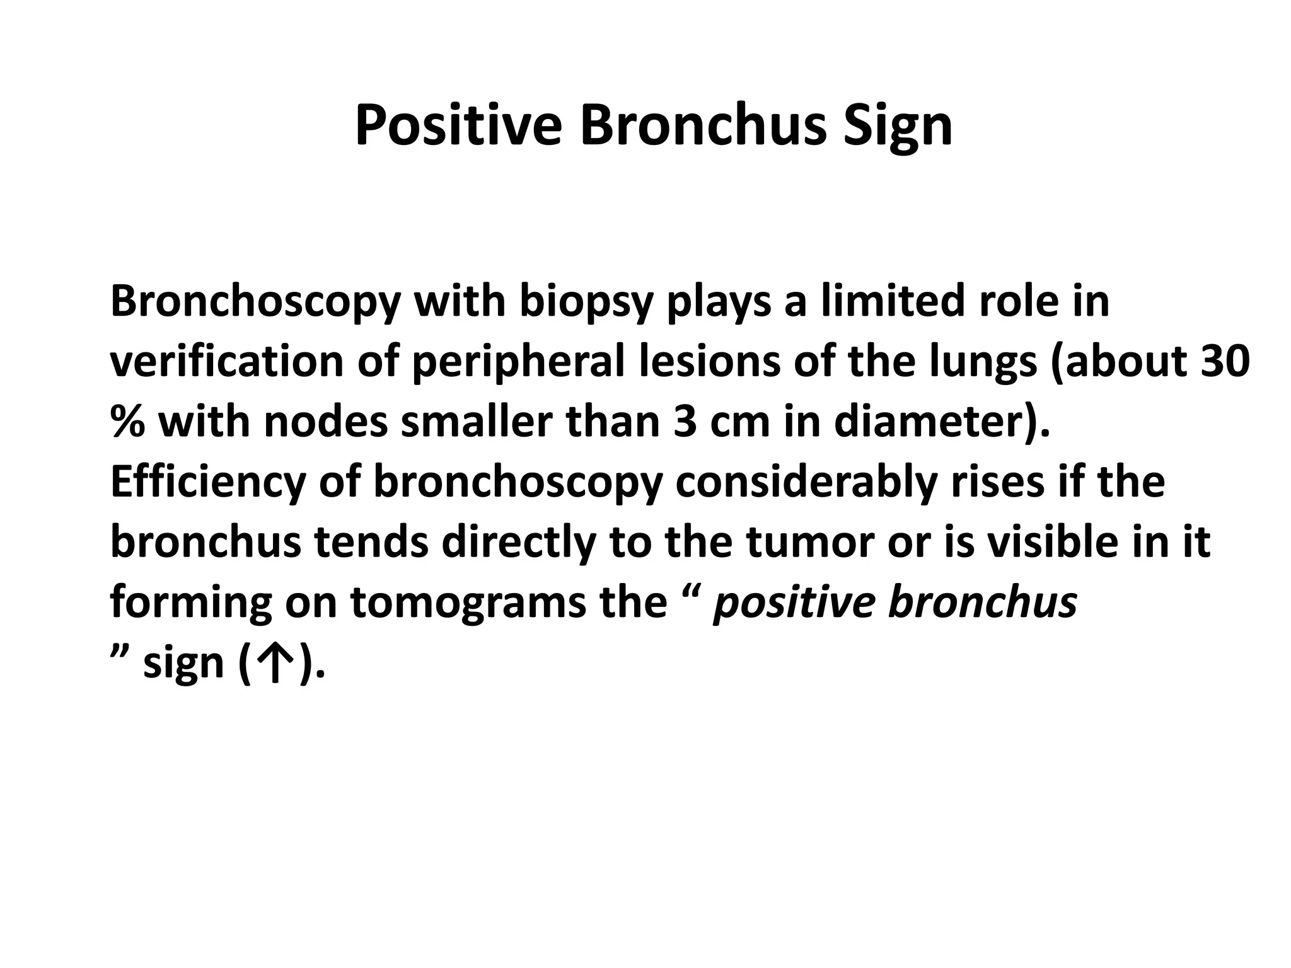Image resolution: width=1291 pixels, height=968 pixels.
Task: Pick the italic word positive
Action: click(x=794, y=602)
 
